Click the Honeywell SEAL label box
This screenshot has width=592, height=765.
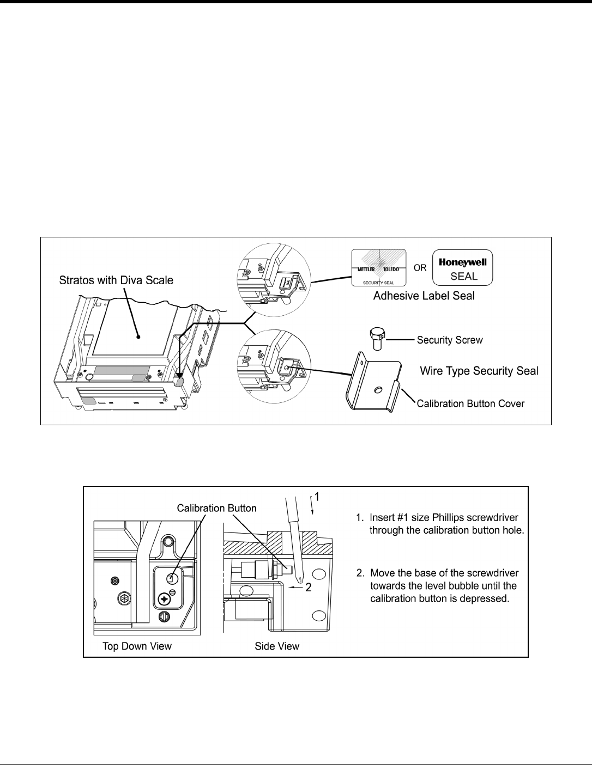(463, 267)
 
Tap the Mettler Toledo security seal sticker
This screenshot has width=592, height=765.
(378, 267)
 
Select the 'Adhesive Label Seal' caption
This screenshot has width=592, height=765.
(424, 296)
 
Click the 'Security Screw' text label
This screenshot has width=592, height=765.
(450, 340)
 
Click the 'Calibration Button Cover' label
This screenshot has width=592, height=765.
(470, 404)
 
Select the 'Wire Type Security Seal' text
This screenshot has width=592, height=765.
(479, 371)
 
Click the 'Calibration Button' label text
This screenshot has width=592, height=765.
(217, 508)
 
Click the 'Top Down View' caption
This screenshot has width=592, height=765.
(137, 646)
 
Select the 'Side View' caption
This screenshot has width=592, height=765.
(277, 646)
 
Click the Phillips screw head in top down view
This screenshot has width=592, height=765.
(164, 599)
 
